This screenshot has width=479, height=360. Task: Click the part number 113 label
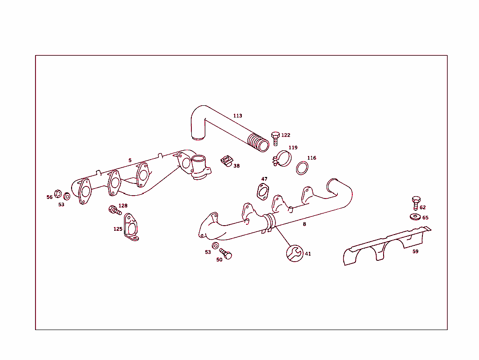coord(238,116)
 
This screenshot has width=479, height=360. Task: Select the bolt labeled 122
coord(275,137)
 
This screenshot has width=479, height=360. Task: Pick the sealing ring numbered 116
coord(302,168)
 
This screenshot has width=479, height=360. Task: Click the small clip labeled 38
coord(226,162)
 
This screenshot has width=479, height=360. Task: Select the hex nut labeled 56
coord(58,193)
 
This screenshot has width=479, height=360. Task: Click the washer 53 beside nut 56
coord(66,196)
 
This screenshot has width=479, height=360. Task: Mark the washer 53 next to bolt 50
coord(215,246)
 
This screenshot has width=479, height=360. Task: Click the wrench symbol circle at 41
coord(295,253)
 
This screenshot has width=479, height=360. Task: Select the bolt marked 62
coord(415,203)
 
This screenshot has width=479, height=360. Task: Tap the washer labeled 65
coord(414,217)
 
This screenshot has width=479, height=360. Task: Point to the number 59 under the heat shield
coord(415,251)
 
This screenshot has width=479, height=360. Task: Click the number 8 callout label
coord(304,224)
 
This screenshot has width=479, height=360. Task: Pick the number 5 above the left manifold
coord(130,160)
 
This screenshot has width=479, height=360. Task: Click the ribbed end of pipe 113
coord(257,142)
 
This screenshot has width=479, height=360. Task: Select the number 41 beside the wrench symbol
coord(308,254)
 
